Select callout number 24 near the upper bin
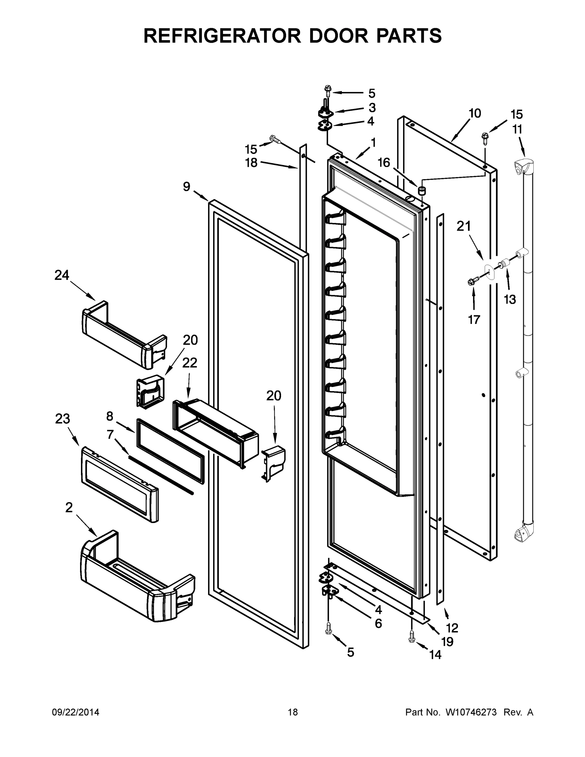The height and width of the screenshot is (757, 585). click(x=62, y=275)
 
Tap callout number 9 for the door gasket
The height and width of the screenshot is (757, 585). click(x=186, y=187)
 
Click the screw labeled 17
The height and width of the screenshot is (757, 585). click(x=472, y=282)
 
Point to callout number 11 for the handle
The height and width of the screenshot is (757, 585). click(x=517, y=129)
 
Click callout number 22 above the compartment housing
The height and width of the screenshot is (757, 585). click(x=190, y=363)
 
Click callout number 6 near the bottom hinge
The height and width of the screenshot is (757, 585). click(x=378, y=624)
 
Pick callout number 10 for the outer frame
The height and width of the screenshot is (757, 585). click(x=475, y=113)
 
